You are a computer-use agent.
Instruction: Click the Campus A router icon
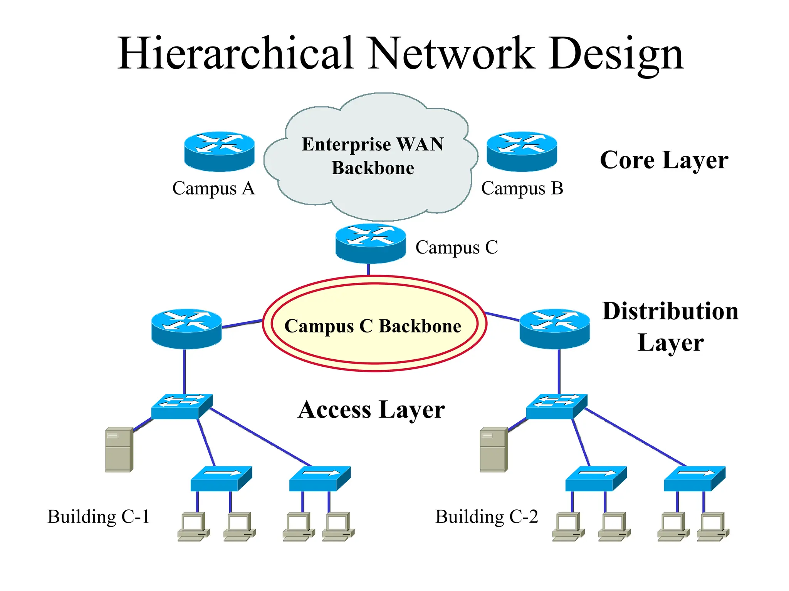click(219, 151)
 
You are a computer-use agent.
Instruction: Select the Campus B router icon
click(522, 151)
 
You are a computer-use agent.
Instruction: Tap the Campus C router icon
click(370, 244)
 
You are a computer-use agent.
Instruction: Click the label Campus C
click(457, 247)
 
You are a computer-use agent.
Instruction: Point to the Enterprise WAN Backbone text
click(373, 156)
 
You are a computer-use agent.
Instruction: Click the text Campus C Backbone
click(373, 326)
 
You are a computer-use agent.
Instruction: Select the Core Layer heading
click(664, 160)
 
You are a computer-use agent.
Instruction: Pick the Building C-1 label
click(98, 516)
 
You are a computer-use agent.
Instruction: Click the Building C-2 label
click(486, 516)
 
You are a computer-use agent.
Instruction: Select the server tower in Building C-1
click(119, 449)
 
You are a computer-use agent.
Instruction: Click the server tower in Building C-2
click(494, 449)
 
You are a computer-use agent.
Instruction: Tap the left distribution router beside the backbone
click(186, 329)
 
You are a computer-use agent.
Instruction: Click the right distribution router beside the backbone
click(554, 329)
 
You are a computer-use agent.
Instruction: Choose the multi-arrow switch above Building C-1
click(181, 406)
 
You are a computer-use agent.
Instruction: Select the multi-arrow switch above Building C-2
click(556, 406)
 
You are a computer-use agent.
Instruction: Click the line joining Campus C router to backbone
click(369, 269)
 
